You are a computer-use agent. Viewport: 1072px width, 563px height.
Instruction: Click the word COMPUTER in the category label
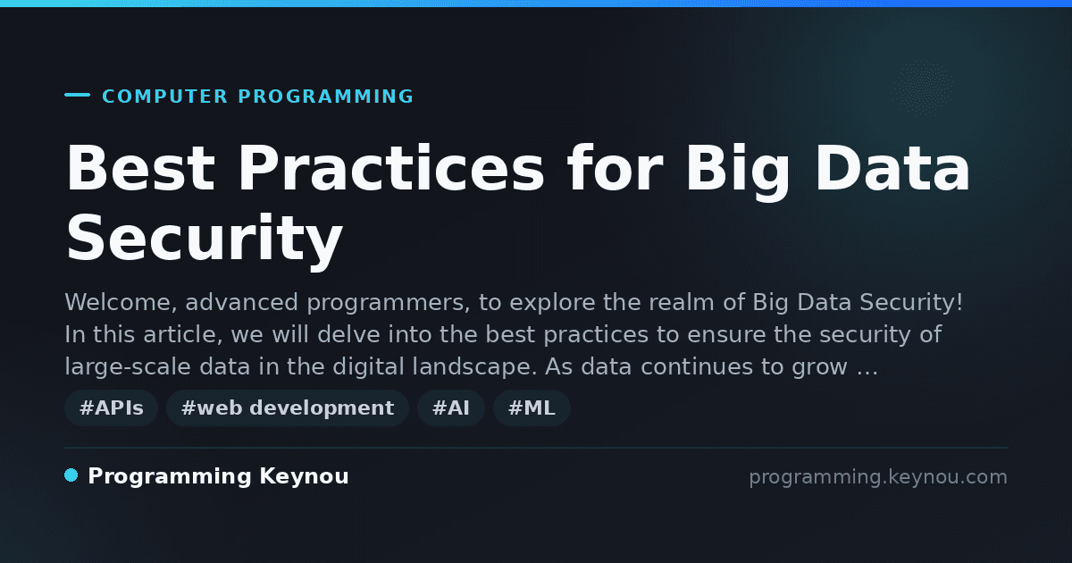click(164, 97)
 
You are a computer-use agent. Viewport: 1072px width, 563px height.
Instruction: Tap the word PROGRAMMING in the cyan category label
click(325, 97)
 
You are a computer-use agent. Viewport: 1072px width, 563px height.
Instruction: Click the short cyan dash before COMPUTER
click(77, 95)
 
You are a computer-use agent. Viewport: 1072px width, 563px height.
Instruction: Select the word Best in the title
click(140, 168)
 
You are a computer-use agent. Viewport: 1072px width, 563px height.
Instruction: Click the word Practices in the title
click(391, 168)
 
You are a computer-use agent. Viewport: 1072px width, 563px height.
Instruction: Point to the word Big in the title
click(738, 172)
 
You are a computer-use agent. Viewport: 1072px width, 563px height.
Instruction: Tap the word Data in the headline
click(892, 168)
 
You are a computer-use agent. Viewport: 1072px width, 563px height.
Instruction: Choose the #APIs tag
click(111, 408)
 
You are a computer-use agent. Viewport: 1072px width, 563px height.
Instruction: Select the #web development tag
click(288, 408)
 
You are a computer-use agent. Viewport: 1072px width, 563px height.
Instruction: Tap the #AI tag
click(451, 408)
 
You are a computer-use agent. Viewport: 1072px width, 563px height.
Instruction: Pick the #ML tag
click(532, 408)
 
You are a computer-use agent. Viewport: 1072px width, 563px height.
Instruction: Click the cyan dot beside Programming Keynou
click(71, 475)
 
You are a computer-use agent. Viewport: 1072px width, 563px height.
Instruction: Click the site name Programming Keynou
click(218, 476)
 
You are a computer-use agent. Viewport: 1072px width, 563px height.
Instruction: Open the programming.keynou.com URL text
click(878, 477)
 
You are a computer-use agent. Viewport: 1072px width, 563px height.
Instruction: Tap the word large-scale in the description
click(128, 366)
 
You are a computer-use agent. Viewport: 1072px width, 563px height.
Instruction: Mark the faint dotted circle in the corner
click(921, 88)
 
